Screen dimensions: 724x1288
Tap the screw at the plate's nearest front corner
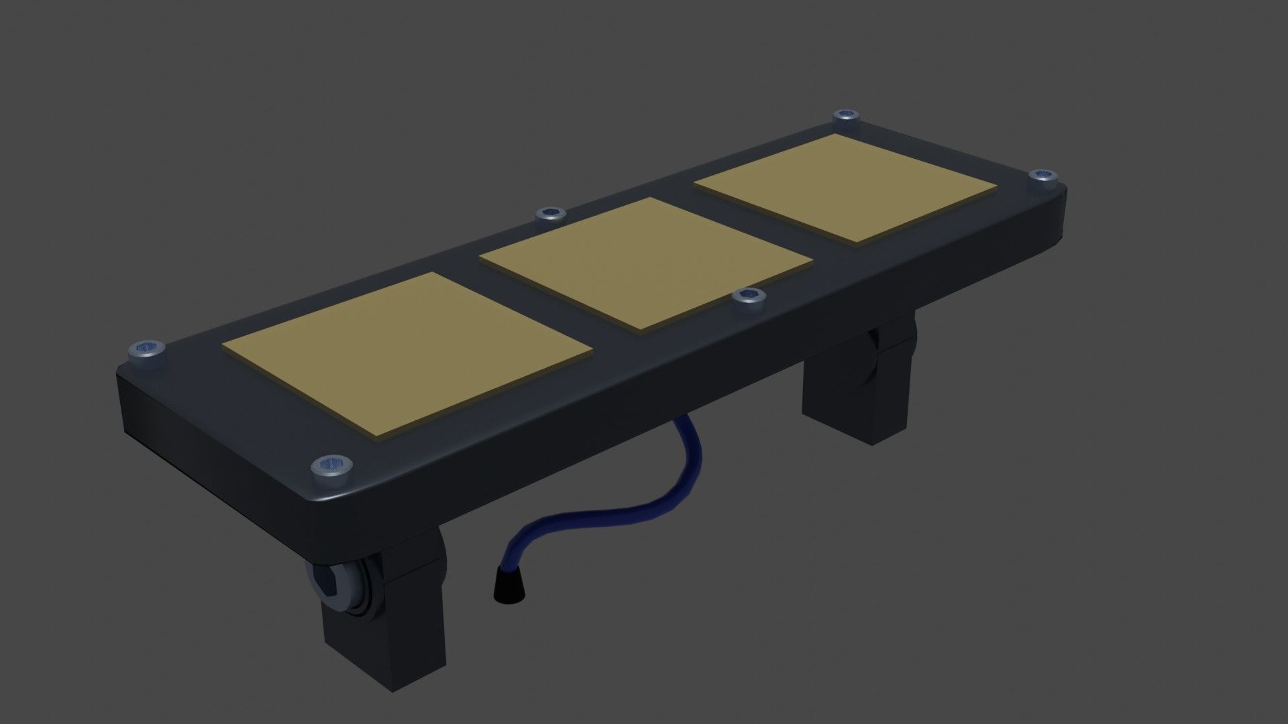coord(331,466)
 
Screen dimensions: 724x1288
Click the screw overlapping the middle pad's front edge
coord(748,297)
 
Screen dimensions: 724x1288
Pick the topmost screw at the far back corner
coord(847,118)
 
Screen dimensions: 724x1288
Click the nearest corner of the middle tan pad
coord(641,329)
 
